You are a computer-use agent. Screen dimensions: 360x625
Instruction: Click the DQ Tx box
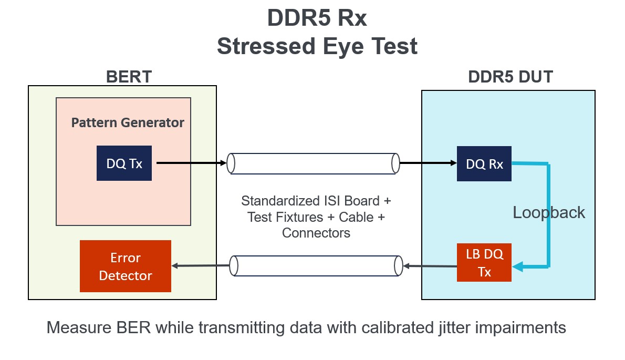124,163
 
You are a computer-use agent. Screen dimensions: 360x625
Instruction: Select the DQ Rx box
484,164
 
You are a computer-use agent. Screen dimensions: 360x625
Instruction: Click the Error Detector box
125,266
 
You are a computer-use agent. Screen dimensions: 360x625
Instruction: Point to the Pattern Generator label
128,123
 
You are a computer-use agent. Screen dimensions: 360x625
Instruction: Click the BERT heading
129,77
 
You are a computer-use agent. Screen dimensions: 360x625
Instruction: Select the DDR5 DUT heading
511,77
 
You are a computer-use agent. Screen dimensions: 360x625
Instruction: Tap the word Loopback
548,212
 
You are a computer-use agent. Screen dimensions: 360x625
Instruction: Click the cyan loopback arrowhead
518,267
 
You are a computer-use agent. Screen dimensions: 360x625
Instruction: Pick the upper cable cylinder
313,163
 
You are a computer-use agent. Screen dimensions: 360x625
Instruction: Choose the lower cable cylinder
317,266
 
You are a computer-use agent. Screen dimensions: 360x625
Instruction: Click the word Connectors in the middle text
316,232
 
